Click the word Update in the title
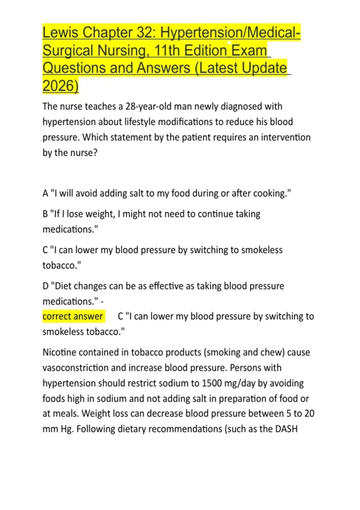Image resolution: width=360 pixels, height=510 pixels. click(x=264, y=68)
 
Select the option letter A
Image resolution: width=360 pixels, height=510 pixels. click(x=45, y=193)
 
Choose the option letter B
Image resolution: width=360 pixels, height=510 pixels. click(x=45, y=214)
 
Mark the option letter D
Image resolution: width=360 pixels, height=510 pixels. click(x=46, y=286)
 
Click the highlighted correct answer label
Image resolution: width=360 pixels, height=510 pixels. click(x=73, y=316)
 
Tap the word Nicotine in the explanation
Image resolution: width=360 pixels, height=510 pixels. click(x=59, y=352)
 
